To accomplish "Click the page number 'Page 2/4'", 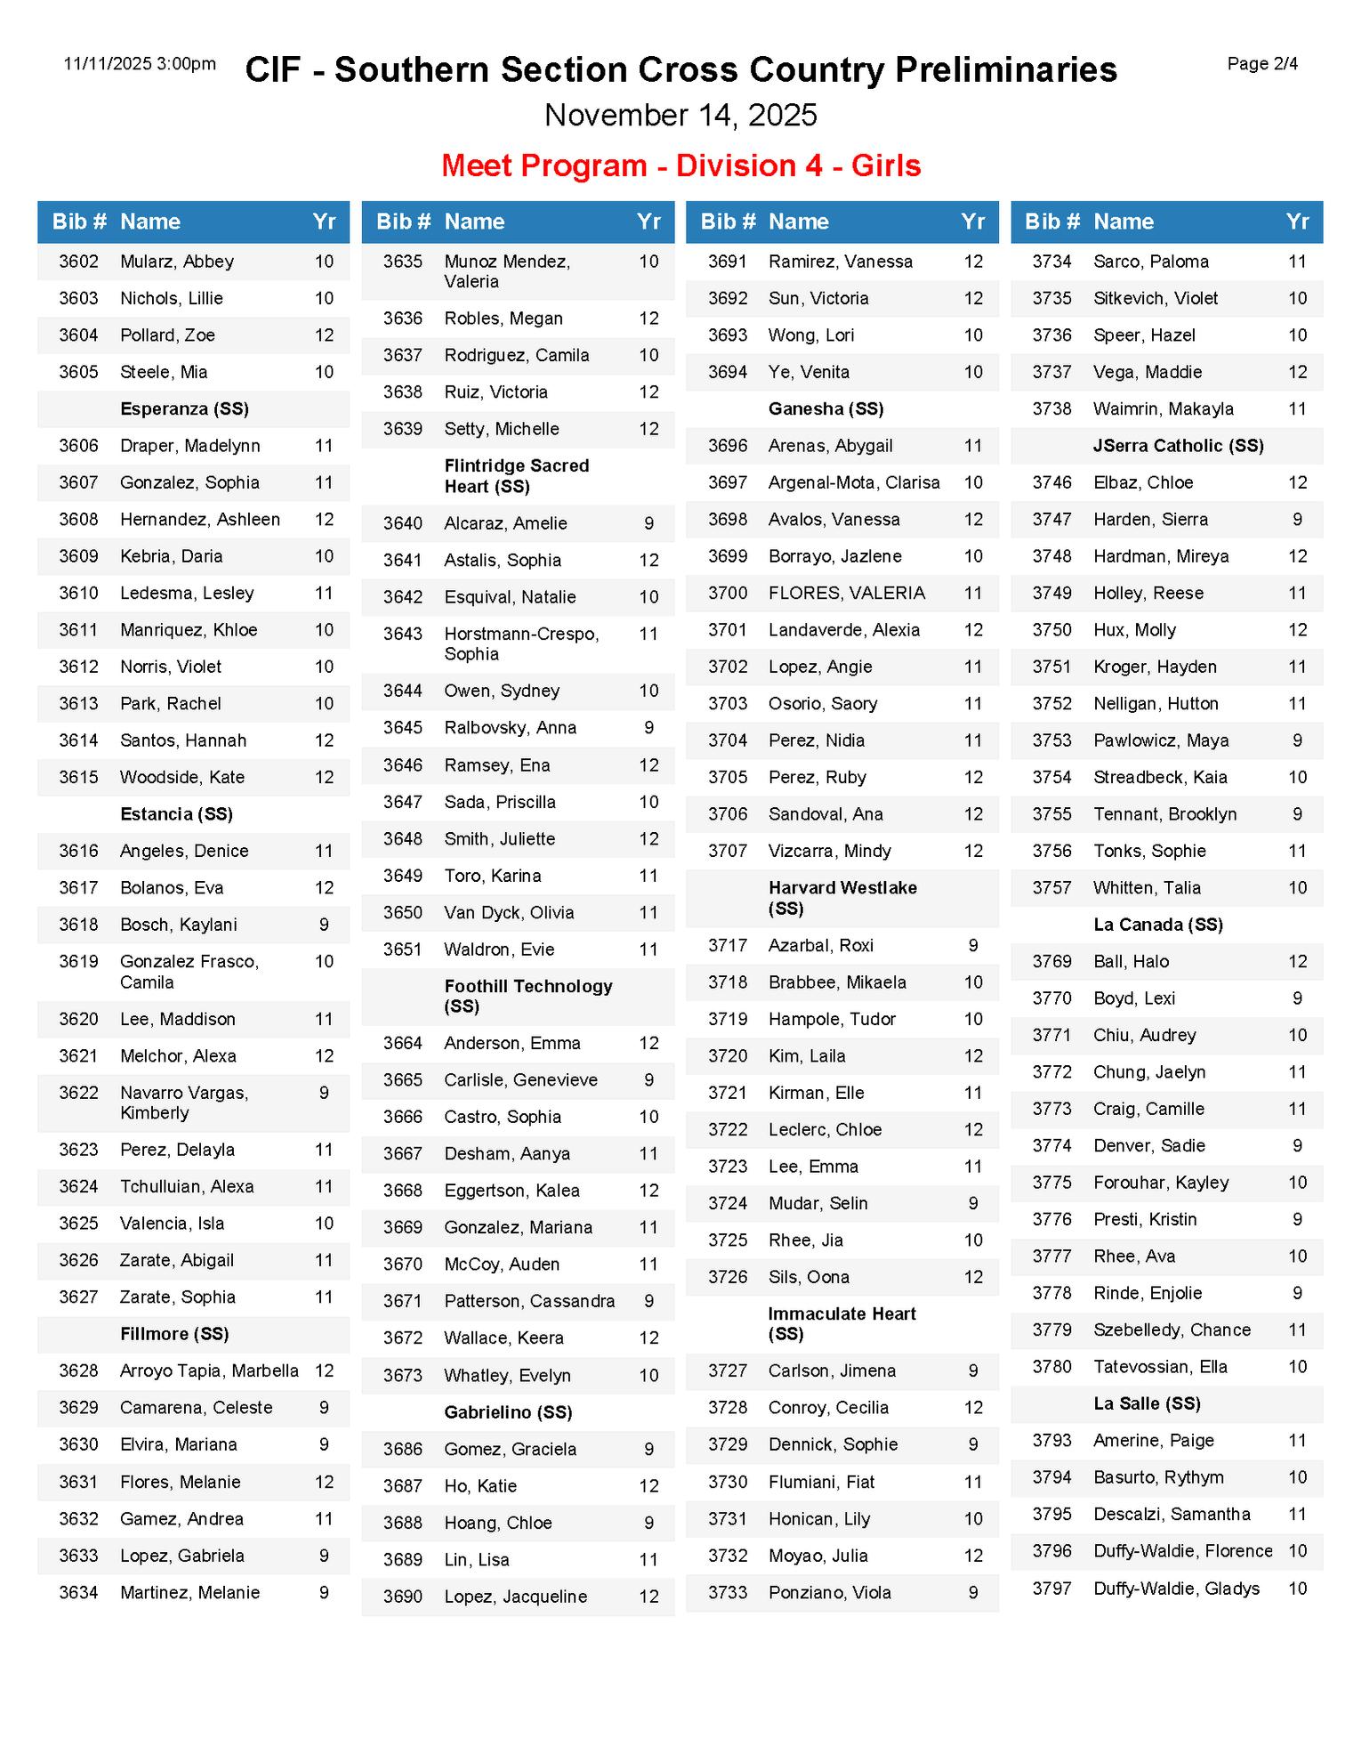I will point(1261,64).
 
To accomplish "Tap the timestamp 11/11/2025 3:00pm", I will point(140,64).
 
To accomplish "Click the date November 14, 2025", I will point(680,115).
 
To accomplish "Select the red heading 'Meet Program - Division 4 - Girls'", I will point(680,166).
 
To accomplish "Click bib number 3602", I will point(78,262).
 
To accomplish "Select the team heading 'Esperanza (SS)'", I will point(184,409).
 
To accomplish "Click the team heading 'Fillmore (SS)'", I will point(174,1334).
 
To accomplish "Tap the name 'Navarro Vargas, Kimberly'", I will point(184,1103).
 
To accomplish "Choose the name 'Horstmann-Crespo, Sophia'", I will point(521,643).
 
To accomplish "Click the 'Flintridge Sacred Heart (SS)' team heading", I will point(516,476).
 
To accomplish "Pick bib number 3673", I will point(403,1376).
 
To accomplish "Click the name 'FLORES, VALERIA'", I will point(847,593).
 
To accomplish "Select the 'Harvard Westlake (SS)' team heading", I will point(842,898).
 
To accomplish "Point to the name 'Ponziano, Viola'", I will point(829,1593).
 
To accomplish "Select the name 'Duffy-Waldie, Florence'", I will point(1182,1551).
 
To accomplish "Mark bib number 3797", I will point(1051,1588).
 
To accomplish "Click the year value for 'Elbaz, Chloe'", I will point(1297,482).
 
